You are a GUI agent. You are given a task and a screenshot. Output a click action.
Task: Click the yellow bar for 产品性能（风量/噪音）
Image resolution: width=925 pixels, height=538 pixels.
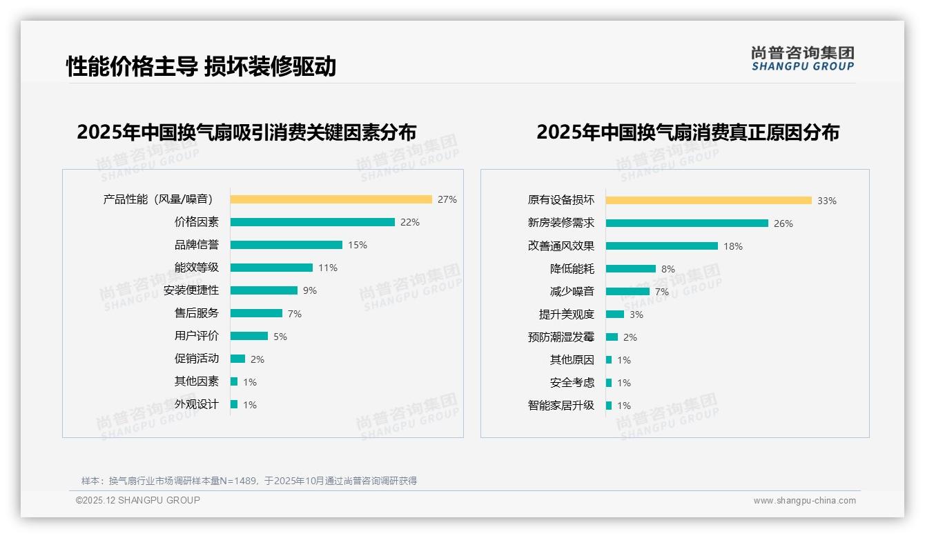[331, 199]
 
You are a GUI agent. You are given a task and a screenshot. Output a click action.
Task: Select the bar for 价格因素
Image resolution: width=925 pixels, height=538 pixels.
[312, 222]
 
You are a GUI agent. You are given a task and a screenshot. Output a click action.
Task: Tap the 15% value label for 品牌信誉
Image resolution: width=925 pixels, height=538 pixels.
[358, 245]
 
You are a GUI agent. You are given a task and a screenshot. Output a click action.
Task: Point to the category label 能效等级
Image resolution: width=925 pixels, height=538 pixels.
[196, 268]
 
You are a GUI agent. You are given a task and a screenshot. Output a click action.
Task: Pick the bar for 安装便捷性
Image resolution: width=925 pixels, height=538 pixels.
[264, 290]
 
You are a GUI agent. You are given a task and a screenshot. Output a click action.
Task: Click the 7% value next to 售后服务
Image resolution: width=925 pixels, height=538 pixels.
[295, 314]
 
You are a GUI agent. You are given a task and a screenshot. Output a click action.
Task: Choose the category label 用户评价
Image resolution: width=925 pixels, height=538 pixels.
[196, 336]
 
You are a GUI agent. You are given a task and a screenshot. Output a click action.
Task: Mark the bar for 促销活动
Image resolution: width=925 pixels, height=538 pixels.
[237, 359]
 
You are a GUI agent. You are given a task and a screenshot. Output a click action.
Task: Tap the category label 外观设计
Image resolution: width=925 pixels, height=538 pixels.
[196, 404]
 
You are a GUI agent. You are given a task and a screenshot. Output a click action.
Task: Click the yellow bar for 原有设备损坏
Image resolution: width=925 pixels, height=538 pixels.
[708, 200]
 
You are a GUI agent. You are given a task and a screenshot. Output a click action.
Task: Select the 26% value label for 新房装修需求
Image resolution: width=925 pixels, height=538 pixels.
[783, 223]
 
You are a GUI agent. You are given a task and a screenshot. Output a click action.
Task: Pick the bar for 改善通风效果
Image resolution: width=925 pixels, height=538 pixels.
[661, 246]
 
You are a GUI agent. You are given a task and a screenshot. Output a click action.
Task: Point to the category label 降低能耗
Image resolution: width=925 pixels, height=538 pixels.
[572, 268]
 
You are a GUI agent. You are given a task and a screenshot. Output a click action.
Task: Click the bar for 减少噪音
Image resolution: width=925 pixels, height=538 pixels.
[627, 291]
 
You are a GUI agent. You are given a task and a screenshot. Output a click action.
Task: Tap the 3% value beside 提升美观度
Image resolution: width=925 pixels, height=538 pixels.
[636, 315]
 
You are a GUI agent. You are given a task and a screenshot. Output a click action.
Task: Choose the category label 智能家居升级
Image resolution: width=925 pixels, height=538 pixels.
[561, 406]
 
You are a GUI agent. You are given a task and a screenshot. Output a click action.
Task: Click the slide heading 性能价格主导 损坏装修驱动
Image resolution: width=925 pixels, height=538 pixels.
[201, 66]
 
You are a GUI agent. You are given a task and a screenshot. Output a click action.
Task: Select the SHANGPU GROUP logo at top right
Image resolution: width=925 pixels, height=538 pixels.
[802, 59]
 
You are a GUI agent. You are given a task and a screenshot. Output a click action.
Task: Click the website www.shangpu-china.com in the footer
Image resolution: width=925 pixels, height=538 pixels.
[804, 501]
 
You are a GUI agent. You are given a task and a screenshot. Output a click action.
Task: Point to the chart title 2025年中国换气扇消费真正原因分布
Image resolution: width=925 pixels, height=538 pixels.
[688, 132]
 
